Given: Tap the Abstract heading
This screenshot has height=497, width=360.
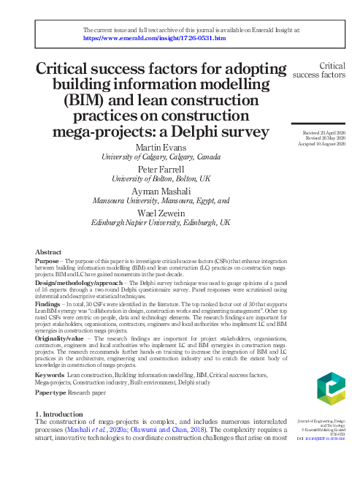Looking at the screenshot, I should [x=49, y=251].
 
